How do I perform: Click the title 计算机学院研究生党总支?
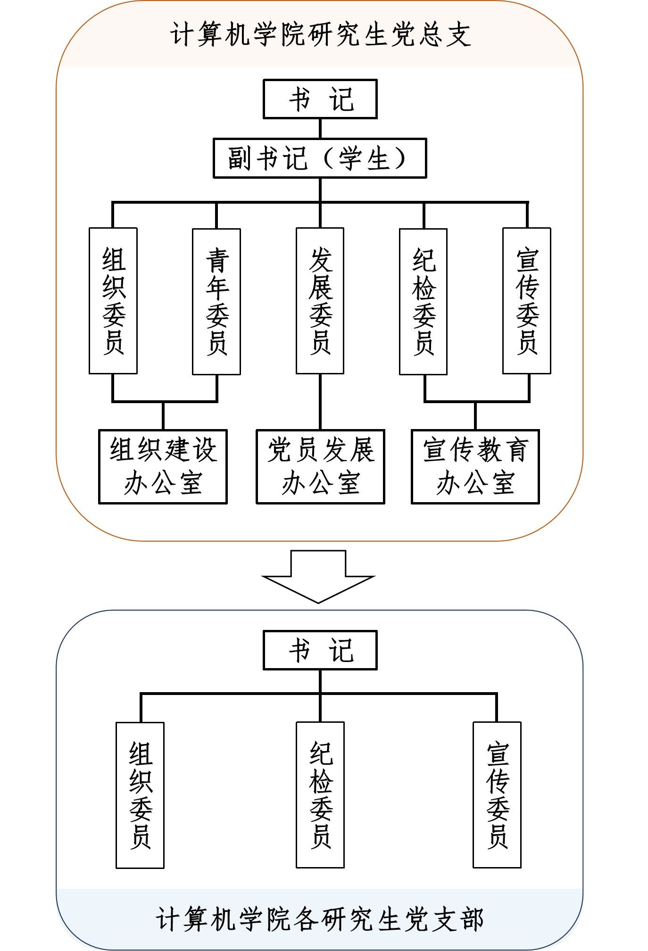click(321, 35)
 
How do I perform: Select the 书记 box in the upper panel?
click(320, 99)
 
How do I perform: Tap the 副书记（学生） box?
click(320, 158)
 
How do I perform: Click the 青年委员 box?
click(216, 301)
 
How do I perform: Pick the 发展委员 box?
click(320, 301)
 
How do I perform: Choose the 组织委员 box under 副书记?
click(113, 301)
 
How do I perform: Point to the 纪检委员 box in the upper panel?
click(423, 301)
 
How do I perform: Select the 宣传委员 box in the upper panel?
click(527, 301)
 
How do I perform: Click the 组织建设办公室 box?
click(163, 466)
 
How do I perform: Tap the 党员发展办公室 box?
click(320, 466)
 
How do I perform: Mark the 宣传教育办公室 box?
click(475, 466)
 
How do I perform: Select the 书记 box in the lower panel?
click(320, 650)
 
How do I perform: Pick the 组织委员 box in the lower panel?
click(140, 795)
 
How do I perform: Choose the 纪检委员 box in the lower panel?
click(320, 795)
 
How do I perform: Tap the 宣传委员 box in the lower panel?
click(497, 795)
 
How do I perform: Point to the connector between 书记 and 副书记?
click(320, 128)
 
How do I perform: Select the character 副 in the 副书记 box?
click(240, 158)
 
